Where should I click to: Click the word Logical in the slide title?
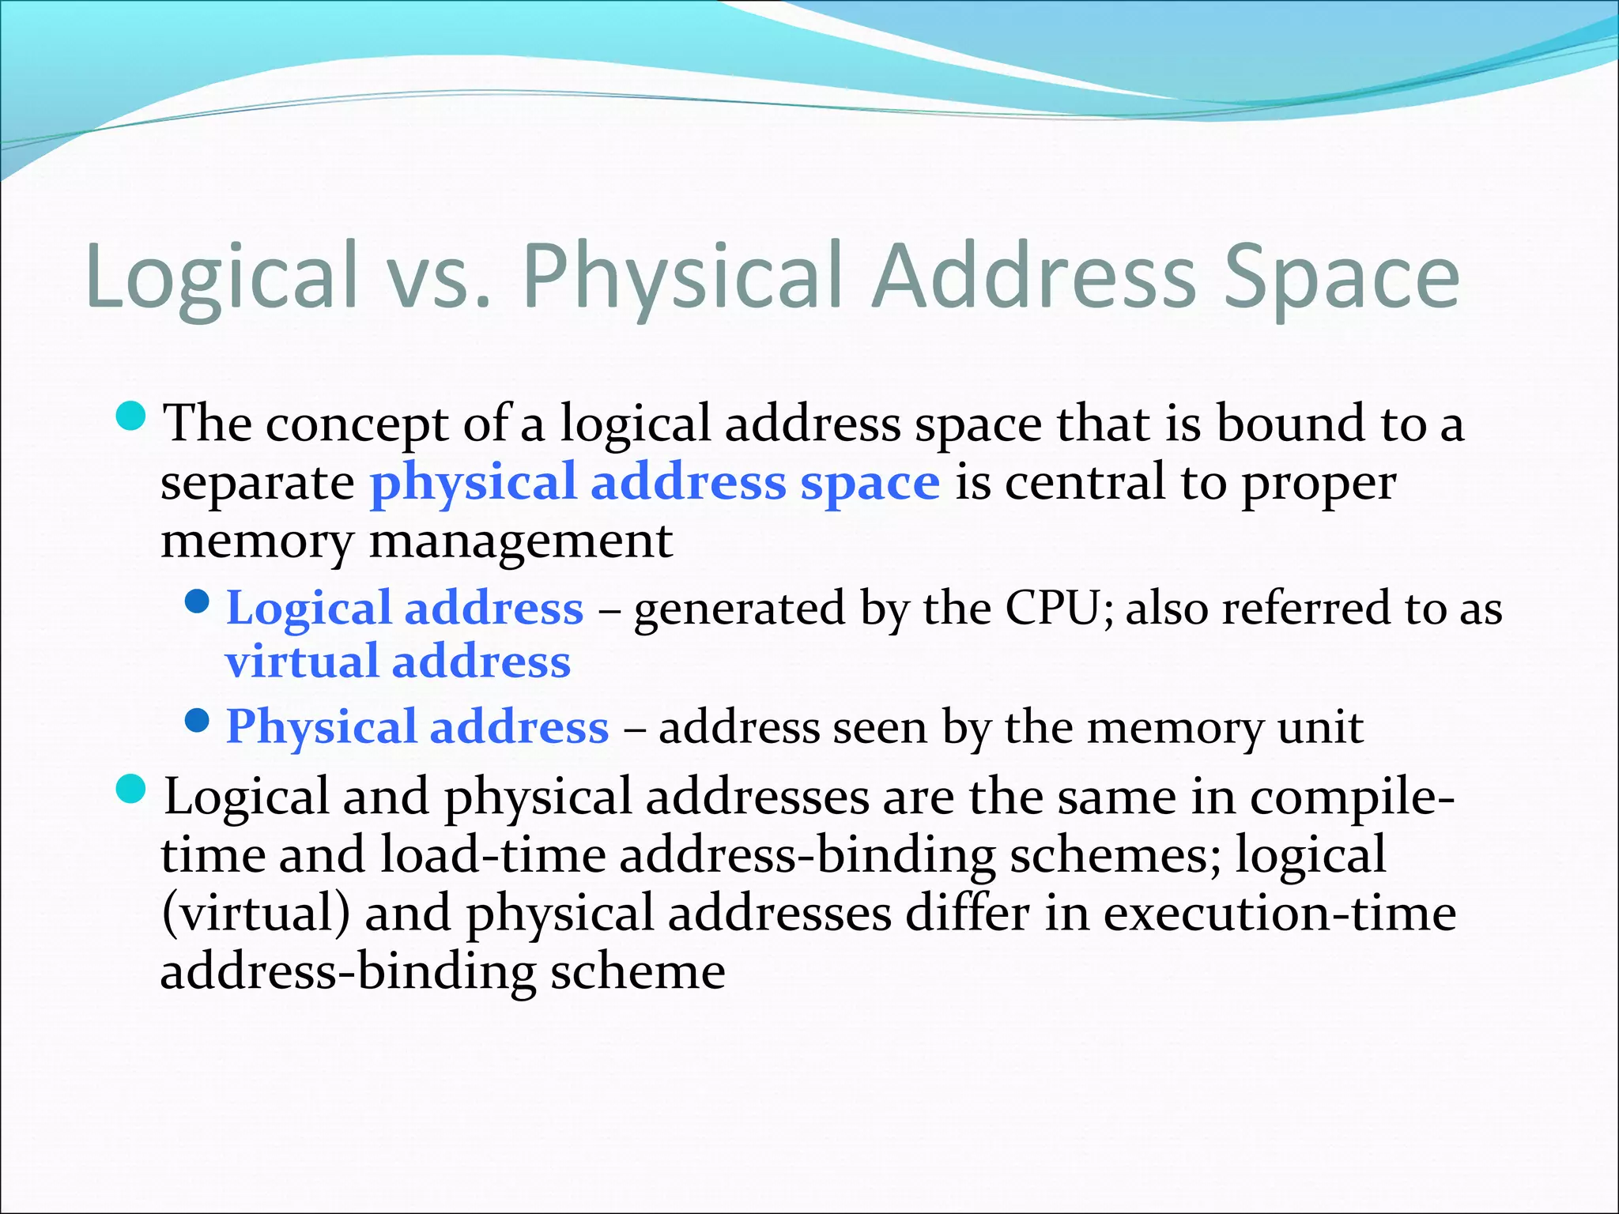(221, 277)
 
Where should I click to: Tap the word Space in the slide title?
(1341, 277)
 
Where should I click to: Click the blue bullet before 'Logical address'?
(197, 603)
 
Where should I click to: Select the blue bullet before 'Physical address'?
(197, 720)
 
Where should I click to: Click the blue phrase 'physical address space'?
(655, 482)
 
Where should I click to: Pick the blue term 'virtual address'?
(398, 662)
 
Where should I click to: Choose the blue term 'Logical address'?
(405, 609)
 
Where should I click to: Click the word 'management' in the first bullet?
(521, 541)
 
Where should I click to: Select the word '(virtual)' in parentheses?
(255, 913)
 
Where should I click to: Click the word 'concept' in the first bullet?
(357, 424)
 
